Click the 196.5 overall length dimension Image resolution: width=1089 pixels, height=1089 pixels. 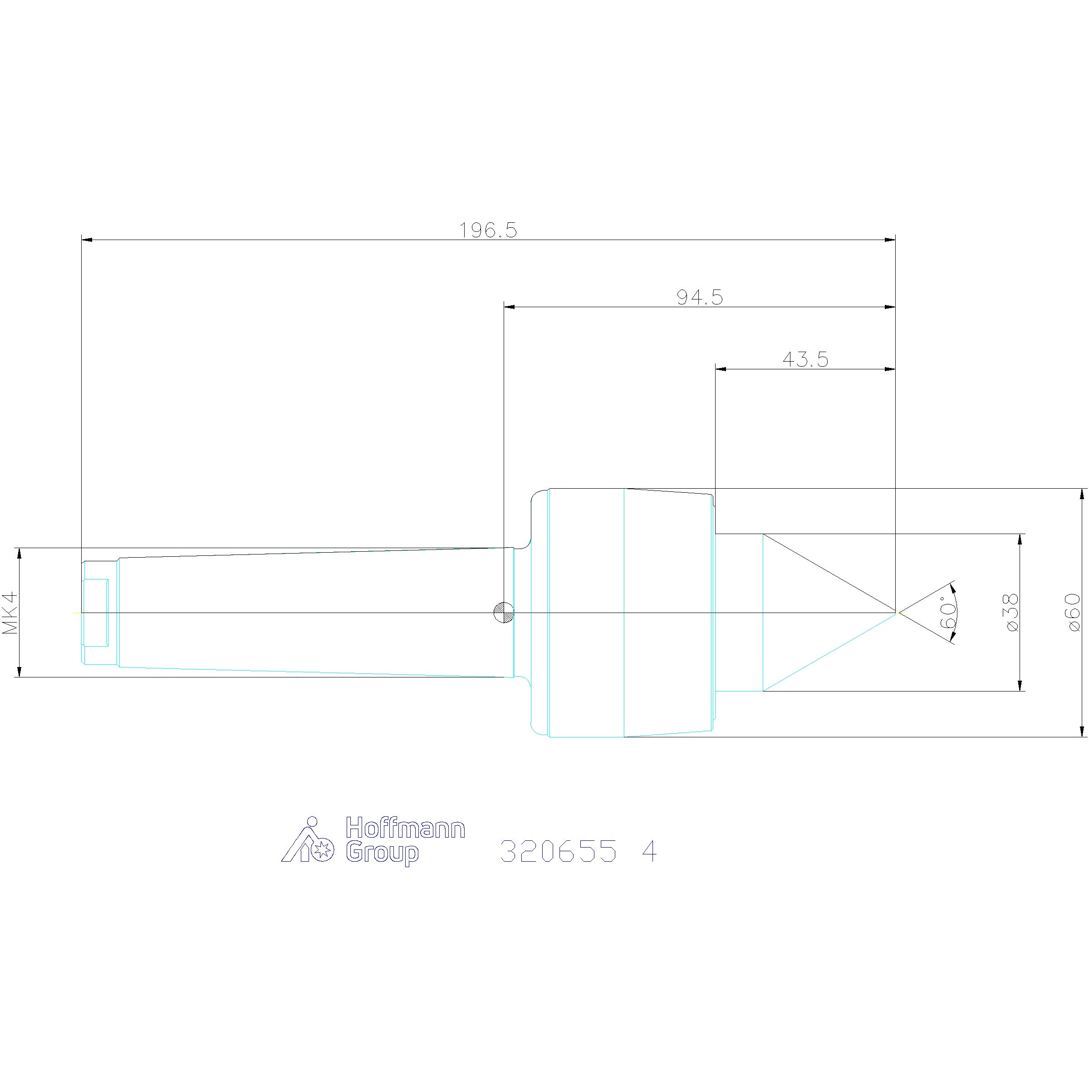click(x=488, y=230)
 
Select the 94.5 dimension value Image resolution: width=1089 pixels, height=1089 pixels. click(x=700, y=297)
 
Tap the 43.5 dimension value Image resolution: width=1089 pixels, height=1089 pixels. click(x=805, y=359)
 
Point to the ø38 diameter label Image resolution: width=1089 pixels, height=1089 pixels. click(x=1012, y=612)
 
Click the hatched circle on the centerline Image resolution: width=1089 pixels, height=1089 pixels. click(x=503, y=612)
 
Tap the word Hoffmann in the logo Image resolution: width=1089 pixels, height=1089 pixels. click(x=405, y=828)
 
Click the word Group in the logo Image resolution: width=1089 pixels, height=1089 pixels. click(x=382, y=853)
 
